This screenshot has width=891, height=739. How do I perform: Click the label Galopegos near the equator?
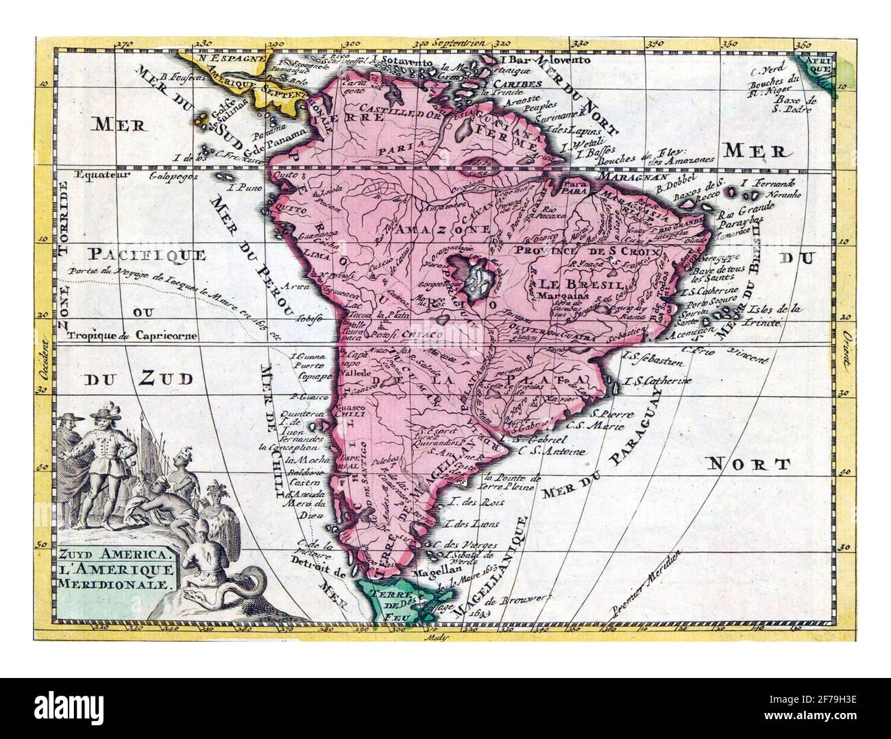click(x=172, y=175)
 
